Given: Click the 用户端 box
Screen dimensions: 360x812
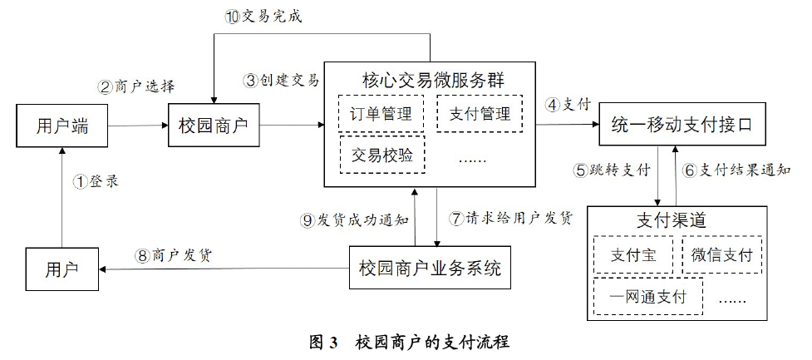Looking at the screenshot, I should click(62, 126).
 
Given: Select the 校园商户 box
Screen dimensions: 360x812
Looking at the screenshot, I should click(214, 126).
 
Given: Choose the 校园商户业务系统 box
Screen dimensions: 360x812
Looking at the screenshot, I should click(430, 269).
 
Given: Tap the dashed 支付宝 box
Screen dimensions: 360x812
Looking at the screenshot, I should click(633, 255).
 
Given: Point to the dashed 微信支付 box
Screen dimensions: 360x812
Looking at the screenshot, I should click(721, 255).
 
